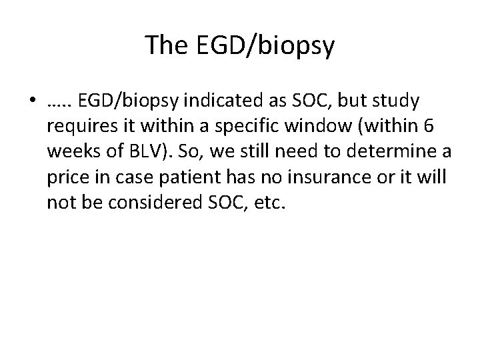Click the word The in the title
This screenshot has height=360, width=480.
click(166, 46)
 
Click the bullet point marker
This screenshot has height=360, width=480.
click(33, 102)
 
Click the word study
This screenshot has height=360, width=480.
click(396, 101)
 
